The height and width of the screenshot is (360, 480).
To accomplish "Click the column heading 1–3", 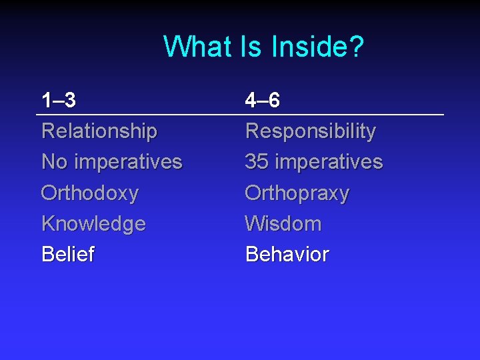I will click(59, 101).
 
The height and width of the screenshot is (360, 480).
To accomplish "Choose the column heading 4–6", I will click(263, 101).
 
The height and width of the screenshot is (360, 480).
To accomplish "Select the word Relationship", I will click(99, 131).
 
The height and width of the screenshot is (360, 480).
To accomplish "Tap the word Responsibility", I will click(311, 131).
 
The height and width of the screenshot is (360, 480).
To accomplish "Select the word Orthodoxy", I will click(90, 193).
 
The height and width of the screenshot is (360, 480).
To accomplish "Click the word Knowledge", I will click(93, 224).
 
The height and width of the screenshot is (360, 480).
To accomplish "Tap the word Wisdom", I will click(283, 223).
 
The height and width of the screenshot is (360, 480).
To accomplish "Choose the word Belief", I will click(68, 254).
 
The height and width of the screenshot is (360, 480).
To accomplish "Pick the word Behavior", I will click(287, 254).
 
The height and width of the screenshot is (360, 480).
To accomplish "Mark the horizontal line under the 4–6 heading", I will click(343, 116).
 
